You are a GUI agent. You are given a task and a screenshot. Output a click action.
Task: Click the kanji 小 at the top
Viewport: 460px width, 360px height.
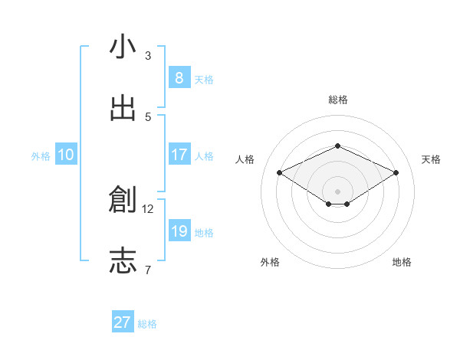[123, 47]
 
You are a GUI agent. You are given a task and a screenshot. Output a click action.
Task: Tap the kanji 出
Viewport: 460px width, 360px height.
[123, 108]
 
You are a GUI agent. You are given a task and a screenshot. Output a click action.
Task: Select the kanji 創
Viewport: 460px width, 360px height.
[123, 200]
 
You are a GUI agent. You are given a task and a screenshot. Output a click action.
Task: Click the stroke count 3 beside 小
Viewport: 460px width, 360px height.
[148, 56]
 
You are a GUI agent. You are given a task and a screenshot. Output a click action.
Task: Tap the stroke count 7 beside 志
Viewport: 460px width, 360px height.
[148, 270]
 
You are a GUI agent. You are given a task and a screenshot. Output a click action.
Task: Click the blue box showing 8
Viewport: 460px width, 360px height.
[179, 78]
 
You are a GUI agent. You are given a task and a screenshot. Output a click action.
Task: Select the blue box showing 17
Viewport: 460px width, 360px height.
[179, 155]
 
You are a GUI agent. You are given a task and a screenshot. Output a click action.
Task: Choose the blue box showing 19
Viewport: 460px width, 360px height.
[179, 231]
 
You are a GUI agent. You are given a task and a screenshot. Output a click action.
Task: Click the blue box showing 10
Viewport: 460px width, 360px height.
[66, 155]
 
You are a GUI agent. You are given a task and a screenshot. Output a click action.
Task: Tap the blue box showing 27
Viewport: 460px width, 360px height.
[122, 322]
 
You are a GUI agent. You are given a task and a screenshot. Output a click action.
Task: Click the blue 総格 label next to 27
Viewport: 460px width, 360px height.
[147, 324]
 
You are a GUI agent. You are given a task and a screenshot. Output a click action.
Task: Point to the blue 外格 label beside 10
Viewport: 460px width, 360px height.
[41, 156]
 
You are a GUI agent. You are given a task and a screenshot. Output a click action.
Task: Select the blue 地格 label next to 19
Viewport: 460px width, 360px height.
[204, 233]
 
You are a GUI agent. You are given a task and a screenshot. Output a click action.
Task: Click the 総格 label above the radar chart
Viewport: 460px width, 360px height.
[337, 100]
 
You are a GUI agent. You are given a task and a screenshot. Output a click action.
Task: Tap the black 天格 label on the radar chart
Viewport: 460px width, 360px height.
[431, 159]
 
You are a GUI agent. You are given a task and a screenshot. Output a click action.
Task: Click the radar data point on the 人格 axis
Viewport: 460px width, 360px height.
[279, 173]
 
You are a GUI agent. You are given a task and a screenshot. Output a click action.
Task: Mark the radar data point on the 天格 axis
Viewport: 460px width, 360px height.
[396, 173]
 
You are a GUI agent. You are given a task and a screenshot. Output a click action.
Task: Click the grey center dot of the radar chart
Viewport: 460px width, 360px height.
[337, 191]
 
